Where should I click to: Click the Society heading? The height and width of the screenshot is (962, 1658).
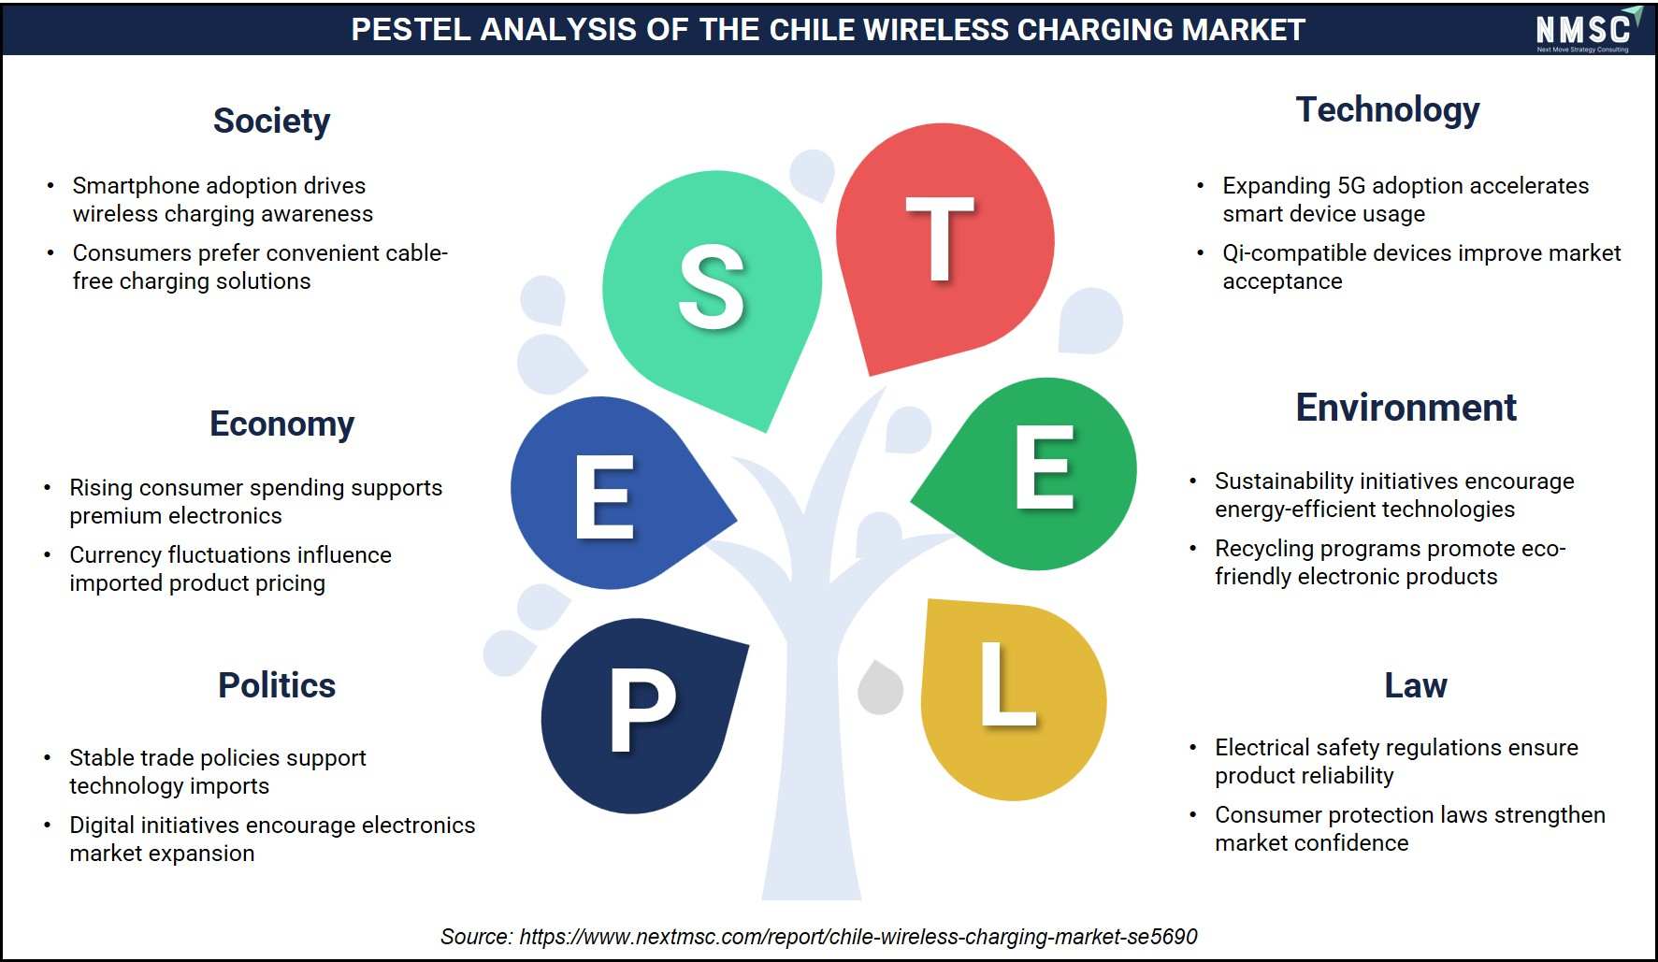pos(271,122)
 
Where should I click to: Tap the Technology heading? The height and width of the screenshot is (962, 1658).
pos(1388,110)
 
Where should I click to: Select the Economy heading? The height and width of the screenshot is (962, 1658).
pos(281,424)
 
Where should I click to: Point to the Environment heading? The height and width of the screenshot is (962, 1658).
pos(1406,408)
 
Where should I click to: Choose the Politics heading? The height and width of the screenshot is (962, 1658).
pos(277,685)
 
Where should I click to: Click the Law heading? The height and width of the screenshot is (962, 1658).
pos(1415,685)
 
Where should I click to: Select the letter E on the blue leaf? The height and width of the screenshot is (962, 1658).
pos(604,496)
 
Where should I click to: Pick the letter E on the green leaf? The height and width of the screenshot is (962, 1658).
pos(1044,467)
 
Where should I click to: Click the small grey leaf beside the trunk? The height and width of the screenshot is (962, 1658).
pos(880,688)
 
